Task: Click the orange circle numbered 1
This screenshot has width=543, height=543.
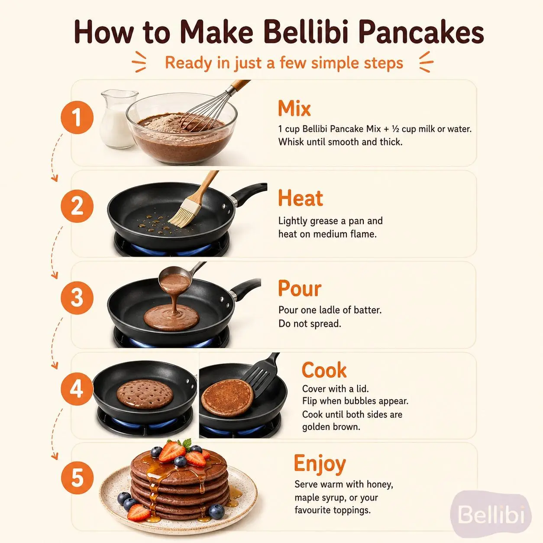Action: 77,117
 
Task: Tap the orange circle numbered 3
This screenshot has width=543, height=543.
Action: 77,298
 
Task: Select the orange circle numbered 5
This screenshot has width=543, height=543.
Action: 77,478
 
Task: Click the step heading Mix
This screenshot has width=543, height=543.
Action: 294,109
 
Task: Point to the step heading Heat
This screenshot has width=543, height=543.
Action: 301,198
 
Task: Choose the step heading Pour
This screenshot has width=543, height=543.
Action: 300,289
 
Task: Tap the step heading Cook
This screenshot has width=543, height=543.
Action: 324,370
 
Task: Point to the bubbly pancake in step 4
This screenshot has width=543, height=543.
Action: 145,394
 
